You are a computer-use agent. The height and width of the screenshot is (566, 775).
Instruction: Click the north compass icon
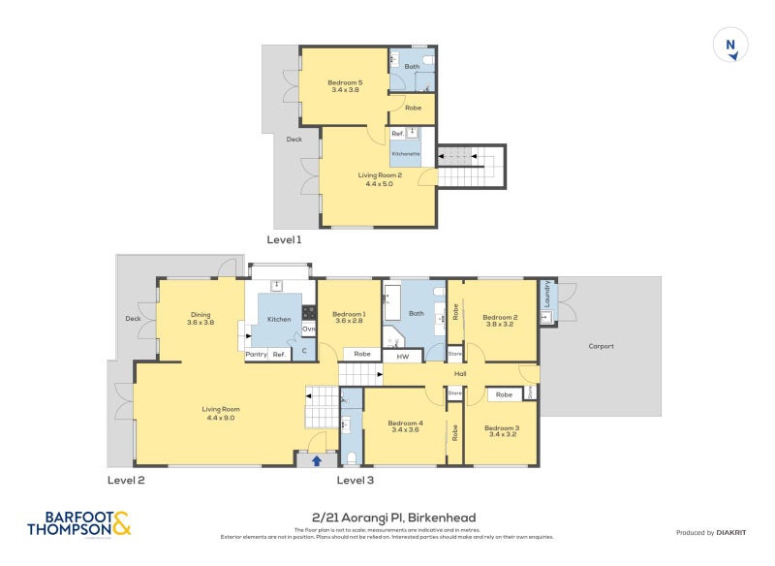click(x=731, y=46)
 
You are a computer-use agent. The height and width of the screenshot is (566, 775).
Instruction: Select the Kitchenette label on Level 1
click(x=405, y=154)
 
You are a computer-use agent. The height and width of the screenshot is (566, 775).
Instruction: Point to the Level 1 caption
click(x=285, y=238)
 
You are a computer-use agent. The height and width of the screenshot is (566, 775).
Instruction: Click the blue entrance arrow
click(x=316, y=460)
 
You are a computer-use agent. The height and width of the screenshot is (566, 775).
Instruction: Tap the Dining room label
click(x=201, y=317)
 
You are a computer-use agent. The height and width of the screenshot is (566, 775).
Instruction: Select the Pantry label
click(x=256, y=355)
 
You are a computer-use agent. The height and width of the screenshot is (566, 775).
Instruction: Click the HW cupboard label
click(x=402, y=356)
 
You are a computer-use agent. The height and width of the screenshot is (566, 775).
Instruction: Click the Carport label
click(x=602, y=346)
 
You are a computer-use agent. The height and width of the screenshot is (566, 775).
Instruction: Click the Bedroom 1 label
click(x=349, y=317)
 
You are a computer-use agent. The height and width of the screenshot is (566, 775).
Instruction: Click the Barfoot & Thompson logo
click(x=78, y=523)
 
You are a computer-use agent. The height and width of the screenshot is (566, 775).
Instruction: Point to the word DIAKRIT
click(x=732, y=532)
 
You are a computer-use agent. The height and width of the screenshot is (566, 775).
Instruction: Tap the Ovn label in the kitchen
click(x=309, y=330)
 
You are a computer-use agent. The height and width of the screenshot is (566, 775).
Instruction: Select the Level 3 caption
click(x=355, y=480)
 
